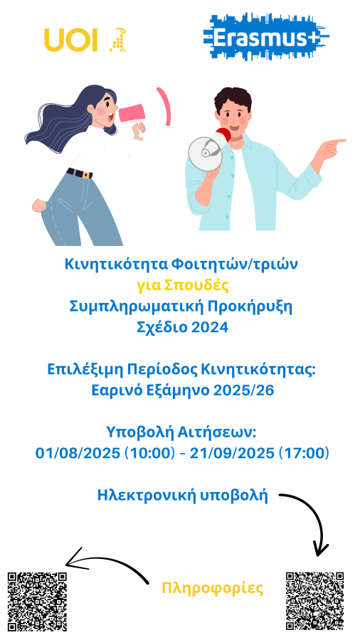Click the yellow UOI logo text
pos(71,40)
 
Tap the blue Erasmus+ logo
pos(266,37)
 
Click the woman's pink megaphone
pos(132,113)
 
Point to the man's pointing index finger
pos(339,142)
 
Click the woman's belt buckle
pos(86,174)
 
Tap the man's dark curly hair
pos(233,100)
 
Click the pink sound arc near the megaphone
pos(164,106)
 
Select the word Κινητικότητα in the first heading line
pos(116,265)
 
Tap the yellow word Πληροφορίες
pos(212,588)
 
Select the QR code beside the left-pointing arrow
pos(37,601)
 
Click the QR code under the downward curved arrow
pos(314,601)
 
